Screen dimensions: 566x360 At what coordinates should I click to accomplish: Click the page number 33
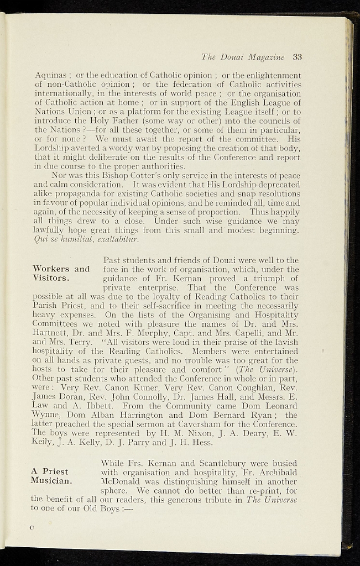pyautogui.click(x=297, y=56)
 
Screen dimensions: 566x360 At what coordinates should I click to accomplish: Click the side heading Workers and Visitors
pyautogui.click(x=61, y=274)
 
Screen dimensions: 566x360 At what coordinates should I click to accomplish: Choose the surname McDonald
pyautogui.click(x=120, y=481)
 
